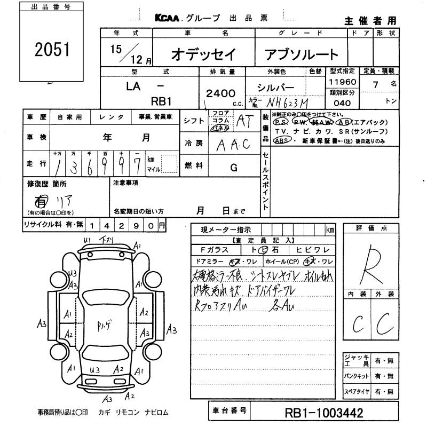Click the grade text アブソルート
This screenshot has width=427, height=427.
(x=302, y=54)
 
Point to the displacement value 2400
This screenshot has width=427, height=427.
(x=220, y=93)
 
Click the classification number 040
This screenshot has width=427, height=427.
(x=342, y=104)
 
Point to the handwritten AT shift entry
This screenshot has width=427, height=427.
(x=245, y=121)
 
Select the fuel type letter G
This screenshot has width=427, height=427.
(x=233, y=168)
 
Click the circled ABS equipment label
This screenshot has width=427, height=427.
(x=280, y=140)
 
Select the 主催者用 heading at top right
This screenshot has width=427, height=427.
(x=370, y=21)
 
